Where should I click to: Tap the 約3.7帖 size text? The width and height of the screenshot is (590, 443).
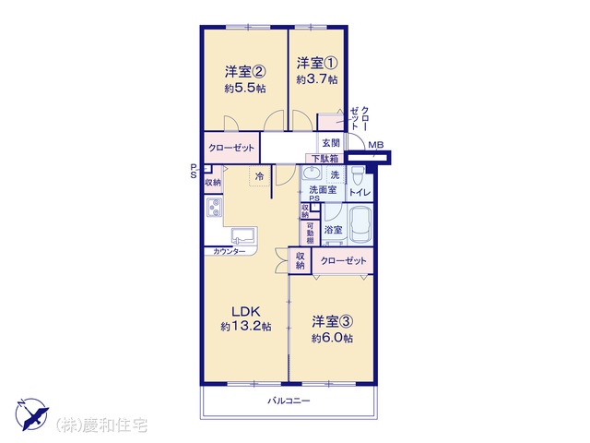[317, 80]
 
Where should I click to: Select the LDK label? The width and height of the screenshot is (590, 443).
[246, 312]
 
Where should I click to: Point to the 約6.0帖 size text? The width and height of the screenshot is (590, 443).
[332, 339]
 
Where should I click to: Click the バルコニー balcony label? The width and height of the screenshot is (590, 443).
[289, 401]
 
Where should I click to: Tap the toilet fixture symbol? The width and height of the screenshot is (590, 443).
[358, 174]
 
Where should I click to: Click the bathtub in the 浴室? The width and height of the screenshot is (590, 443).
[360, 225]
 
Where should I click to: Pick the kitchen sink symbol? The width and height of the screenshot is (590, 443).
[243, 236]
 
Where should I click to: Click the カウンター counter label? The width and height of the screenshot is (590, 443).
[230, 252]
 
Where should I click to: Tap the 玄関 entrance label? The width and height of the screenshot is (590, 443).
[331, 143]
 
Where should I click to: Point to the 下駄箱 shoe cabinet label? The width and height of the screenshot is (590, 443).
[324, 158]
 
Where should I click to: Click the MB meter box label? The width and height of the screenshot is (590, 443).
[375, 145]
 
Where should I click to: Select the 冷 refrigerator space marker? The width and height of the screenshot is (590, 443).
[259, 176]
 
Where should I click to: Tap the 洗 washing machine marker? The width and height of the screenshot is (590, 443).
[335, 174]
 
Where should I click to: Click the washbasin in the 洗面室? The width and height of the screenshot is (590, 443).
[312, 174]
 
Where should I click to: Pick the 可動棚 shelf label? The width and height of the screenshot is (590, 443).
[310, 233]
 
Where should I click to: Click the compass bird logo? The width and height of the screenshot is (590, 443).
[31, 414]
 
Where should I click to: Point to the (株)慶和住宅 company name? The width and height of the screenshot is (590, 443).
[101, 425]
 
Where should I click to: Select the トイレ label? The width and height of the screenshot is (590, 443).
[360, 193]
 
